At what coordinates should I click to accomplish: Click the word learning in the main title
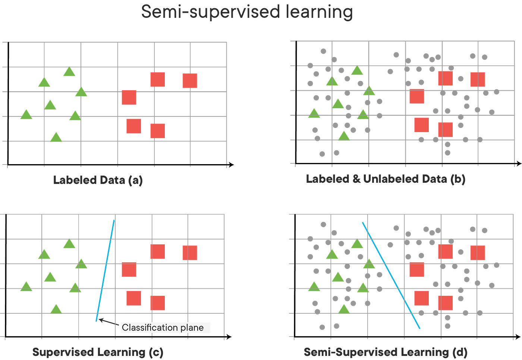pos(319,12)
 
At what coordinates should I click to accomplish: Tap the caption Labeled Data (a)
pos(98,180)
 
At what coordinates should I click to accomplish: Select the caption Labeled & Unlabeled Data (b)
pos(386,179)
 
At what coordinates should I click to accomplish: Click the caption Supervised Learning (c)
pos(98,352)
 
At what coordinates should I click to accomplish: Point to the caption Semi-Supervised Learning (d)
pos(386,352)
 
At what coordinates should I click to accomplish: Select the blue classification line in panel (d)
pos(391,275)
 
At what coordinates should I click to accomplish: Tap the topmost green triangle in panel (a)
pos(69,72)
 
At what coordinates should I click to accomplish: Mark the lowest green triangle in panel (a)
pos(56,137)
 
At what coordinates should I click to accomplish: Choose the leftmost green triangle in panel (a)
pos(26,115)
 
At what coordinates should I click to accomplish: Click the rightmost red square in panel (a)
pos(190,81)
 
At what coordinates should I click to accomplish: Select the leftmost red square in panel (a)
pos(129,97)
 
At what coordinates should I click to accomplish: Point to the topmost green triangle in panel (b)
pos(357,71)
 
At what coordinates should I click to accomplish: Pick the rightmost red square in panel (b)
pos(478,79)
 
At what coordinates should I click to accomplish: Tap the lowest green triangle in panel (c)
pos(56,310)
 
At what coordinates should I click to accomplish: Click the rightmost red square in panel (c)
pos(190,253)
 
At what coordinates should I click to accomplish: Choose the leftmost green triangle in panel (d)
pos(314,287)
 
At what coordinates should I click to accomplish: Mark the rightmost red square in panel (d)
pos(478,253)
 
